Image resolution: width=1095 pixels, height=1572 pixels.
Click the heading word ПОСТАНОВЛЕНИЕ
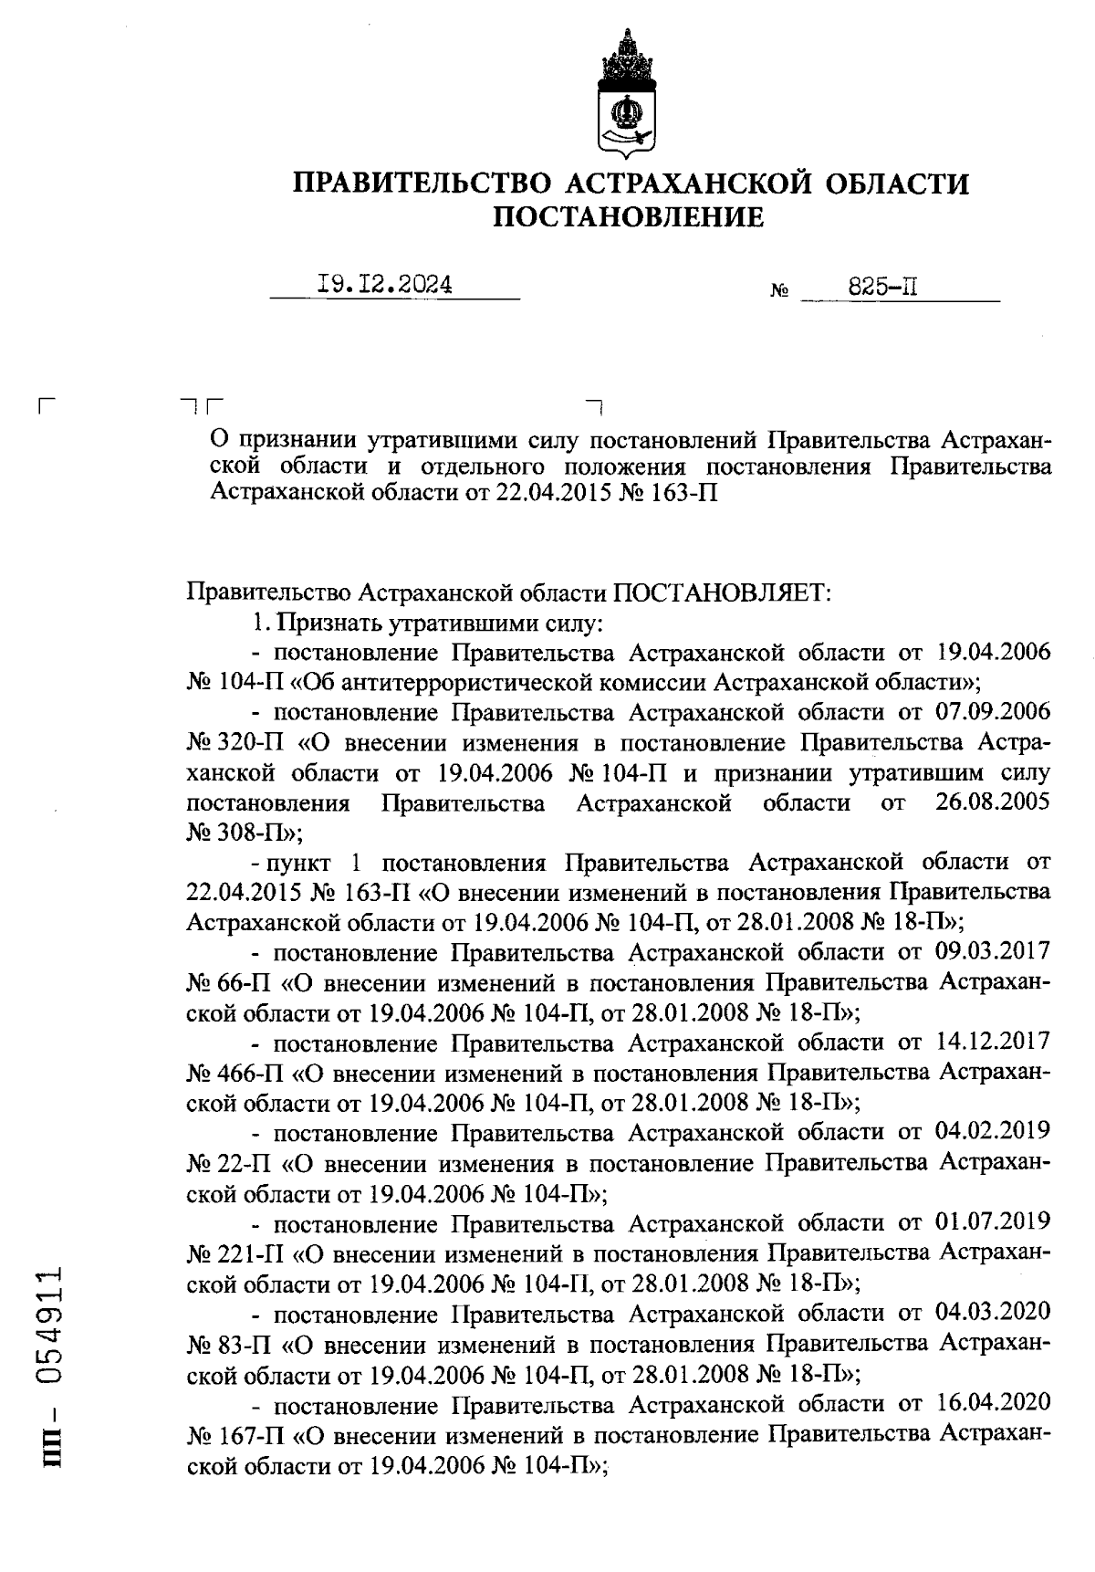click(628, 217)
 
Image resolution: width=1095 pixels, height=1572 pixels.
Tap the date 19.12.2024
click(384, 285)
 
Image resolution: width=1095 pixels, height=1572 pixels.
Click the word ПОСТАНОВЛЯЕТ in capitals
click(721, 592)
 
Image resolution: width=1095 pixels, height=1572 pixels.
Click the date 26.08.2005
click(993, 802)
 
